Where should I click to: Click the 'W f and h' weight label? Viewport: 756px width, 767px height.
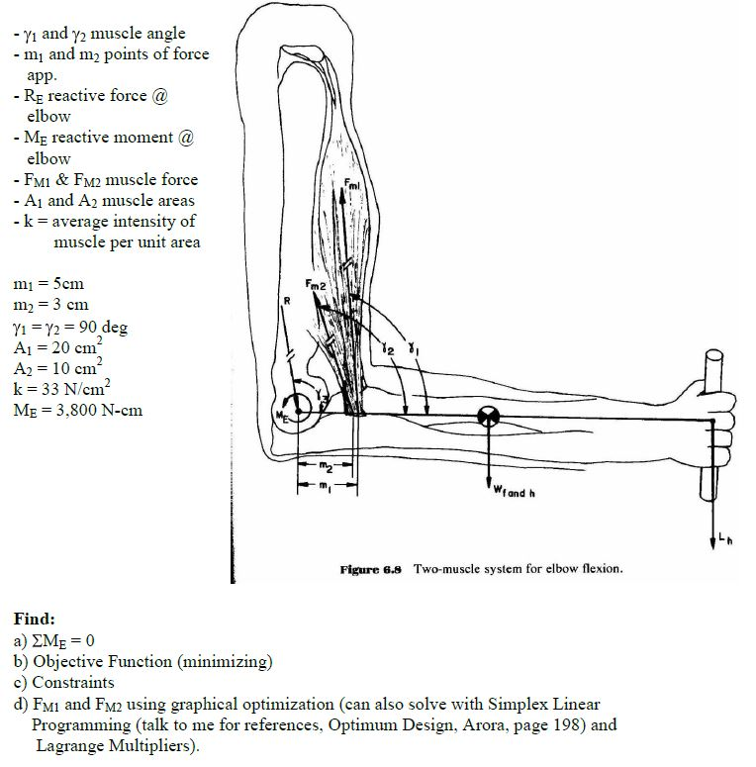coord(514,493)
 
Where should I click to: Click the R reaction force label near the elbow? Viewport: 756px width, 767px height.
coord(286,300)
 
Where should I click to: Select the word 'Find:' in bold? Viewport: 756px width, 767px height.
coord(34,619)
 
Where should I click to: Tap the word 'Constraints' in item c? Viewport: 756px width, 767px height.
coord(73,682)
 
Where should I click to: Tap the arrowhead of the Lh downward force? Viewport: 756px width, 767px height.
coord(712,543)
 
